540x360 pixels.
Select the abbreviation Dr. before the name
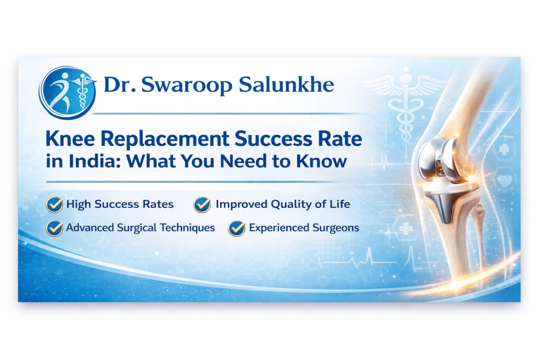click(118, 84)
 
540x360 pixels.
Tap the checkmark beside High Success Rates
click(54, 204)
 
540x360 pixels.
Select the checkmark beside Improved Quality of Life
click(202, 204)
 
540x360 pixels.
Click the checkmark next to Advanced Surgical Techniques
click(54, 228)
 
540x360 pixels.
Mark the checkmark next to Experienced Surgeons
click(236, 228)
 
